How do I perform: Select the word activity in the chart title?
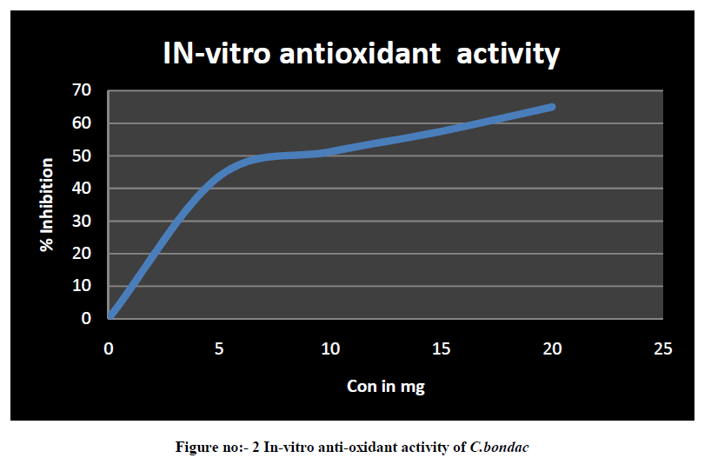point(508,54)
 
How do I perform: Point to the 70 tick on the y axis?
point(82,90)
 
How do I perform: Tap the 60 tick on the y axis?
point(82,123)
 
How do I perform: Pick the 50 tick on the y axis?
point(82,156)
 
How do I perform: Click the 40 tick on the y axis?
point(82,189)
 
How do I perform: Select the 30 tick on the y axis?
point(82,221)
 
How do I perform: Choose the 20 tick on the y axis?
point(82,254)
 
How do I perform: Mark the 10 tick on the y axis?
point(82,286)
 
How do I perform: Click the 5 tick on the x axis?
point(220,348)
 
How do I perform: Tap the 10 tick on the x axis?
point(330,348)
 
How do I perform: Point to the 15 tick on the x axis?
point(442,348)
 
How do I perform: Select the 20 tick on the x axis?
point(552,348)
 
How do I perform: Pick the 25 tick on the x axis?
point(663,348)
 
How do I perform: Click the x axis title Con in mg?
point(386,387)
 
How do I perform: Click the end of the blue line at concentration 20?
point(552,107)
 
